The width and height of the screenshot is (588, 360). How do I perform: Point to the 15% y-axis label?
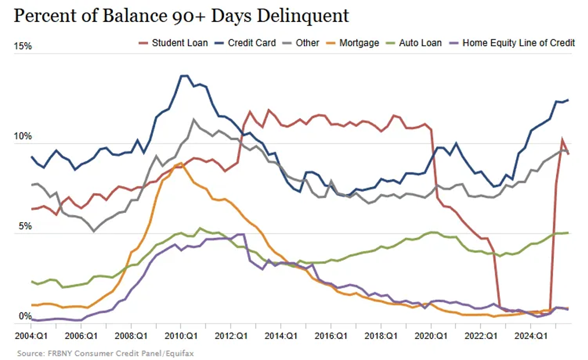point(23,46)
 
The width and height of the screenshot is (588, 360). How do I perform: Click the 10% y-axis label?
point(23,137)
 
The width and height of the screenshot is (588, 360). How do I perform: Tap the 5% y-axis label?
point(24,227)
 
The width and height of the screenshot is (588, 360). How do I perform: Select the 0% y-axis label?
point(24,317)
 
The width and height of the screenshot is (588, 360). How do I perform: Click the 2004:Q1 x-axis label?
point(31,335)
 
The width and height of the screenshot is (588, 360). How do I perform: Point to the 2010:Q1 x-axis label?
point(181,335)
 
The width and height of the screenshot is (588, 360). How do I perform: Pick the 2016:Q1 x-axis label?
point(332,335)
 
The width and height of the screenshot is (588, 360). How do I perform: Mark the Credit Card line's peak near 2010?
point(184,76)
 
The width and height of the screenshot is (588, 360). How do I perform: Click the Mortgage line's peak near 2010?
point(181,163)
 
